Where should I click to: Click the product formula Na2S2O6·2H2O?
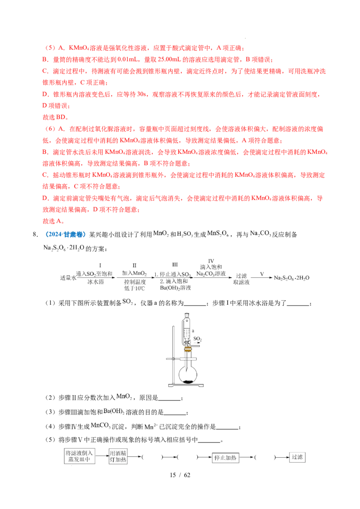coord(293,278)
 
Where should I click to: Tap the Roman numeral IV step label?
coord(211,261)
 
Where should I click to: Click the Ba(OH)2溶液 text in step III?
coord(173,288)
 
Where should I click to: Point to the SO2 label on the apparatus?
coord(197,338)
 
